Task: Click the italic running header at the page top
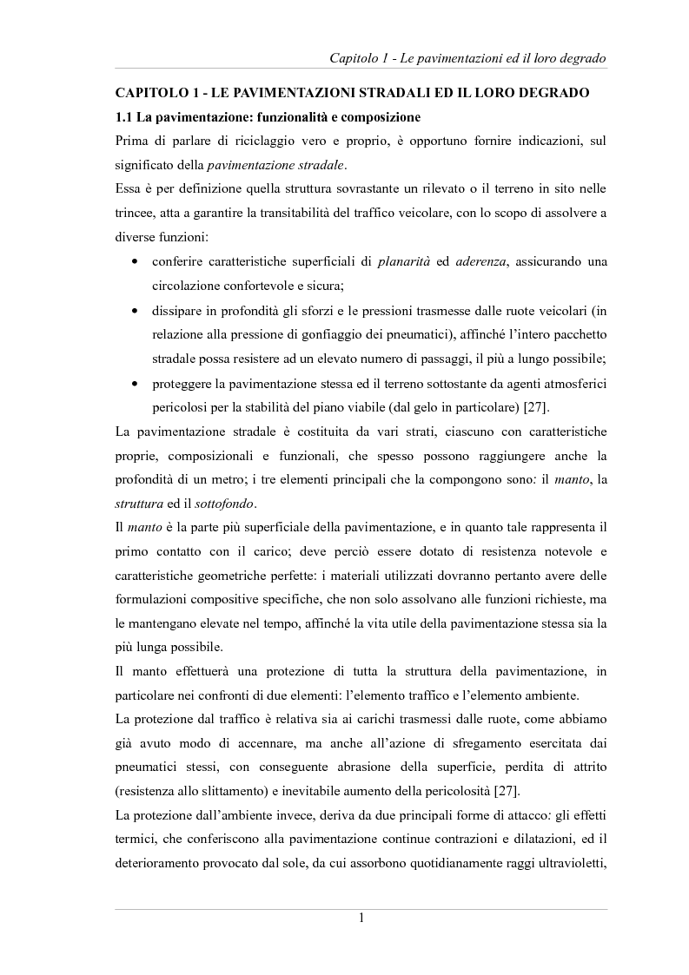[467, 58]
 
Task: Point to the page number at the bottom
[361, 920]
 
